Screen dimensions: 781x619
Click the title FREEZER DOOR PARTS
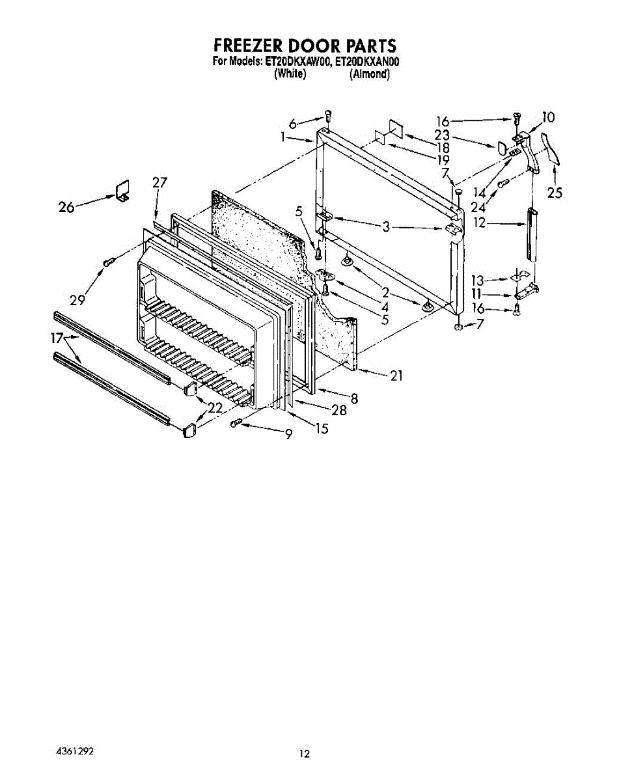point(305,46)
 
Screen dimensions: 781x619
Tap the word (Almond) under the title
point(369,74)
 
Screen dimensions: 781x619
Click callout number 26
point(66,207)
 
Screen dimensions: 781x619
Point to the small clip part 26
point(122,190)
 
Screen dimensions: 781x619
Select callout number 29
point(78,300)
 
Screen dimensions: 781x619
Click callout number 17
point(57,338)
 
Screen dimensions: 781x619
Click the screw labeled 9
point(237,423)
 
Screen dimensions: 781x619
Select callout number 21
point(396,375)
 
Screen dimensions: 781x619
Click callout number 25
point(555,193)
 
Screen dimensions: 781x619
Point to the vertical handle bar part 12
point(531,234)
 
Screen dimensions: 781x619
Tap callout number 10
point(548,118)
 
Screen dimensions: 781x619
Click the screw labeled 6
point(328,116)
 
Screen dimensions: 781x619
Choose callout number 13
point(478,281)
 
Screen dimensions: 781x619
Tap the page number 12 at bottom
point(304,754)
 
